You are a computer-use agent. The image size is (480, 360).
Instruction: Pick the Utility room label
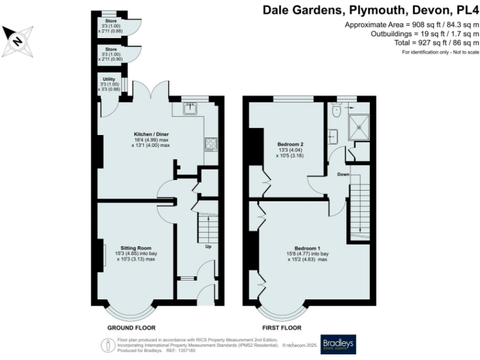pos(109,79)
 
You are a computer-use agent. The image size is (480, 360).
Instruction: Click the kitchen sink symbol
pos(189,108)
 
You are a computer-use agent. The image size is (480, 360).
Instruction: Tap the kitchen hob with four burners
pos(210,144)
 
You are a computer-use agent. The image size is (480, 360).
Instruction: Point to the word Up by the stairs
pos(208,246)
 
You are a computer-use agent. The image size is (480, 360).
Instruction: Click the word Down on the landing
pos(342,174)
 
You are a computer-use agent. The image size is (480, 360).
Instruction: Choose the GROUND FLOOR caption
pos(132,327)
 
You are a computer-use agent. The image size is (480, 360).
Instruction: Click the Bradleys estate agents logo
pos(337,344)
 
